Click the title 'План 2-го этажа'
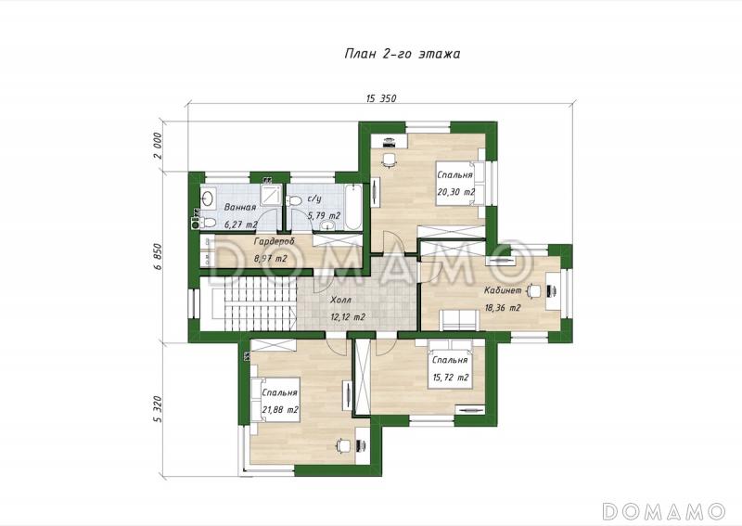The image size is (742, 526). tap(403, 54)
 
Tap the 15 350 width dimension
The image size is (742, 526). tap(381, 98)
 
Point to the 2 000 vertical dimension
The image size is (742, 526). tap(158, 146)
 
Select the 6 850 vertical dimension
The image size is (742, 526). tap(158, 257)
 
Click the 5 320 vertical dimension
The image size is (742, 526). tap(158, 410)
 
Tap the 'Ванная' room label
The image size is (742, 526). tap(240, 208)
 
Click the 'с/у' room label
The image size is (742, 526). tap(314, 199)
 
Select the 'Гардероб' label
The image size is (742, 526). tap(275, 241)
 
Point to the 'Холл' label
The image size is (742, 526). tap(340, 301)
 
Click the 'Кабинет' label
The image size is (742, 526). tap(503, 290)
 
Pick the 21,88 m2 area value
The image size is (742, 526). tap(280, 410)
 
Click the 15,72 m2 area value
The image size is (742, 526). tap(451, 378)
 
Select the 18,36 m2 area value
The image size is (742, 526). tap(503, 308)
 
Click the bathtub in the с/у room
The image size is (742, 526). tap(353, 207)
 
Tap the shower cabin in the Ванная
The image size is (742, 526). tap(272, 196)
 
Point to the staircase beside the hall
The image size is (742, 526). tap(249, 303)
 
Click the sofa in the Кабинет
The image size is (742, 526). tap(459, 319)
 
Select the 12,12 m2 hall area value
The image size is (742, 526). tap(348, 317)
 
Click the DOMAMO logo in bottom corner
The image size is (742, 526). tap(664, 511)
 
